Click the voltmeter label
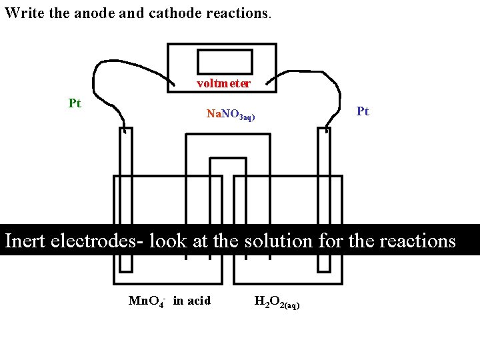(223, 84)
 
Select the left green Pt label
(75, 103)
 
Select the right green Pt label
(363, 111)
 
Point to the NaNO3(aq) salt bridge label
(231, 115)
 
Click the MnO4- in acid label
(169, 301)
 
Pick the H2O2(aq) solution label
(277, 302)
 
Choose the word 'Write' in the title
(23, 13)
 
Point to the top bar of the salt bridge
(227, 135)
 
